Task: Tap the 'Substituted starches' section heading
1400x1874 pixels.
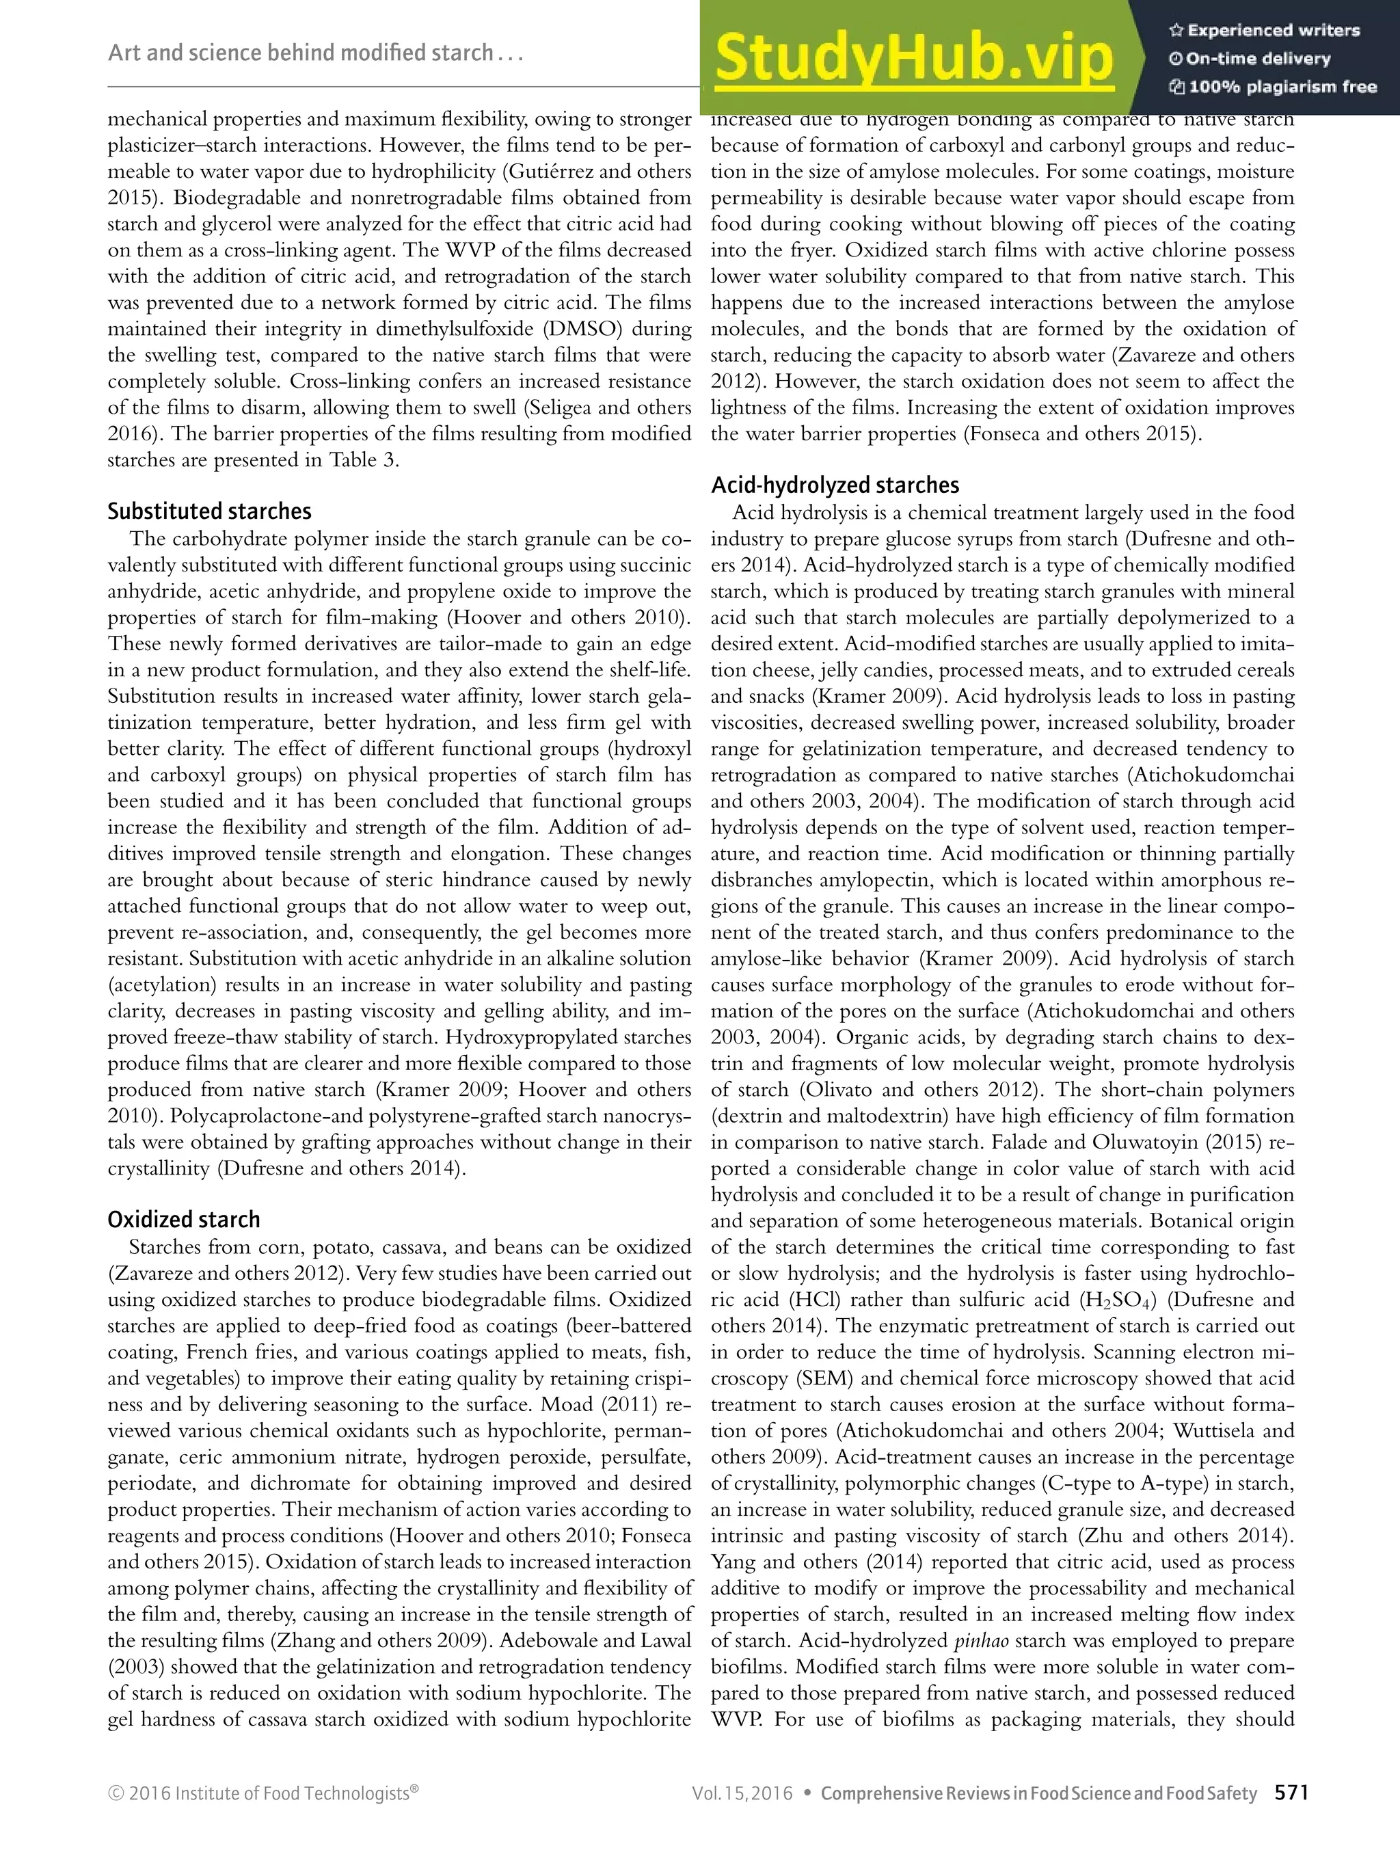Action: (x=209, y=511)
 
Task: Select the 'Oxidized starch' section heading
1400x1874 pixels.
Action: (x=184, y=1220)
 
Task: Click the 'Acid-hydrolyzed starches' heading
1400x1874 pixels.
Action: (x=835, y=485)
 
